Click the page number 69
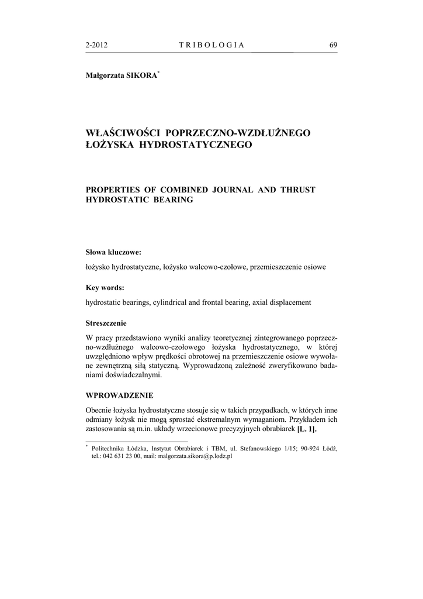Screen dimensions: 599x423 [333, 45]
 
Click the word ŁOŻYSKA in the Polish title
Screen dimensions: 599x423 [109, 144]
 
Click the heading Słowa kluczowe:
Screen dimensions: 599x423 [113, 253]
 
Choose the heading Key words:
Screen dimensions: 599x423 [105, 288]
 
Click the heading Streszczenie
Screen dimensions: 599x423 [106, 323]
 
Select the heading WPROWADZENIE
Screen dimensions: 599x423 [119, 395]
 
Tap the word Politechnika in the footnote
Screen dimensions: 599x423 [109, 448]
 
